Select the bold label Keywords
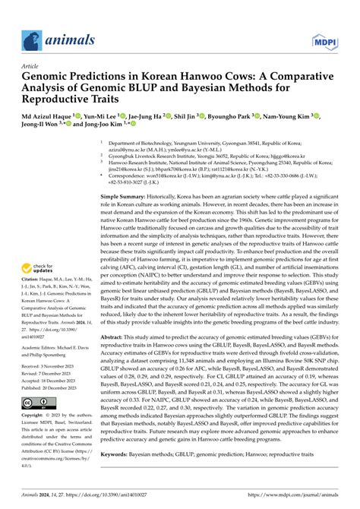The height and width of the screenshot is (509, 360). click(120, 474)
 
